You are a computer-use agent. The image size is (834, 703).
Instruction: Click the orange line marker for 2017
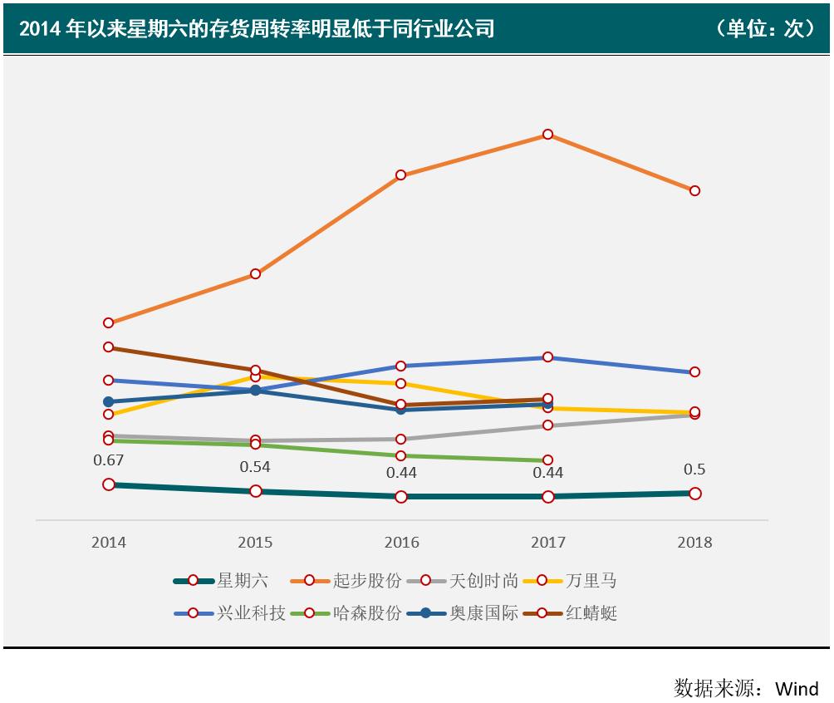click(x=547, y=135)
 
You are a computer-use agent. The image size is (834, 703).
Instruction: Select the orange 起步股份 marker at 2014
click(x=109, y=322)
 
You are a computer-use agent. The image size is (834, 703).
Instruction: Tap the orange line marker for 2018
click(x=694, y=190)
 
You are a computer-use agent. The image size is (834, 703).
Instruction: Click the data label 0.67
click(x=109, y=460)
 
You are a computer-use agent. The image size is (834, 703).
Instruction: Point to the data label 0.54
click(x=255, y=467)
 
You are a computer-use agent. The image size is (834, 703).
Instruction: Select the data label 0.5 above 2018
click(x=694, y=469)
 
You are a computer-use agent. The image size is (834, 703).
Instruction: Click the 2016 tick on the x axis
click(x=401, y=543)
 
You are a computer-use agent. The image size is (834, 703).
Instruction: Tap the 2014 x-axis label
click(x=109, y=543)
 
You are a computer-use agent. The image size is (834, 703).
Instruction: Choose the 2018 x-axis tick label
click(x=694, y=543)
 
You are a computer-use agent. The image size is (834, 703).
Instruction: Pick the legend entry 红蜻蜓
click(x=591, y=614)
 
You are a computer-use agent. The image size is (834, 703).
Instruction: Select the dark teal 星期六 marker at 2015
click(x=255, y=491)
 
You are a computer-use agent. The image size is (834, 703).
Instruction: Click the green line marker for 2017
click(x=547, y=460)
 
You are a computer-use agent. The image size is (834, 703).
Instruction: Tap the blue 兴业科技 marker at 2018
click(x=694, y=371)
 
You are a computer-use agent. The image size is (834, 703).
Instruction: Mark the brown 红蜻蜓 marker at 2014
click(x=109, y=347)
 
